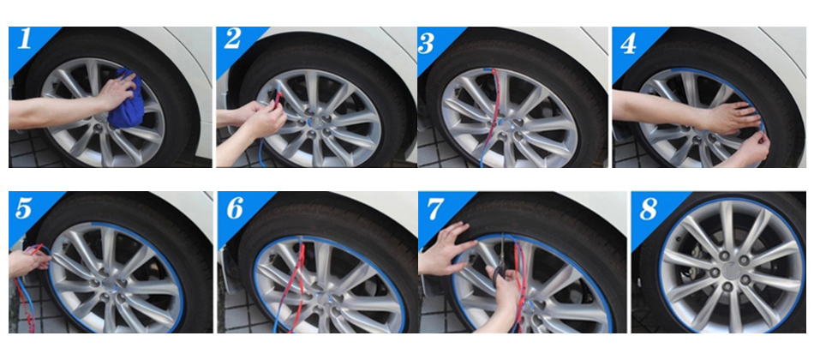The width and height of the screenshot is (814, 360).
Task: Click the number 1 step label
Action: click(24, 39)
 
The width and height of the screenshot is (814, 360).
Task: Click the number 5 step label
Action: click(24, 208)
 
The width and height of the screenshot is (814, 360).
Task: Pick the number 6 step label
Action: click(235, 208)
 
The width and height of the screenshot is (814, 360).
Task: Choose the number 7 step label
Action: click(435, 208)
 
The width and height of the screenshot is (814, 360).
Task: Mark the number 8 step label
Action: click(649, 209)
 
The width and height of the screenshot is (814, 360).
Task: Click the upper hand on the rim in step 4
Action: click(726, 117)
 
